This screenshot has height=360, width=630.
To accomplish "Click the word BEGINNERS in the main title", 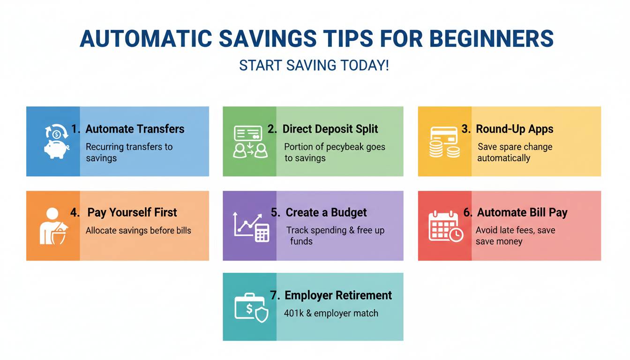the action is (x=492, y=38).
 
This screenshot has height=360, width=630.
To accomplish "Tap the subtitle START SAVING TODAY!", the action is (x=314, y=65).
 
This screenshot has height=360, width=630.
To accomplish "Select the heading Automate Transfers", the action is (x=135, y=129).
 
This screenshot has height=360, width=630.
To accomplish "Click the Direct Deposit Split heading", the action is (x=330, y=129).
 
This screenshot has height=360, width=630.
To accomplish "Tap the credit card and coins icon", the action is (x=444, y=142).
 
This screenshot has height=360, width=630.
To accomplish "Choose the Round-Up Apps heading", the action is (x=514, y=129).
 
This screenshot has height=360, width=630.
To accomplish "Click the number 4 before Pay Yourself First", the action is (x=75, y=212).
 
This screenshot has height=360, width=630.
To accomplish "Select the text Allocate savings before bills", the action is (x=138, y=230).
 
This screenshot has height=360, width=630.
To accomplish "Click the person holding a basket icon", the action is (x=53, y=226).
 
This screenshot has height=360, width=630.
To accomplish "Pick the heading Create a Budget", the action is (x=326, y=212).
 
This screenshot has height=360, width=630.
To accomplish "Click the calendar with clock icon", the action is (x=446, y=226).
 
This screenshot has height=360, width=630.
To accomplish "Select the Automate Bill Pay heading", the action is (x=522, y=213).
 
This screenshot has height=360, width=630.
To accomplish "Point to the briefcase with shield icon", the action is (x=251, y=307).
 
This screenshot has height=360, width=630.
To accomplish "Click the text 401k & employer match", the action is (x=331, y=313).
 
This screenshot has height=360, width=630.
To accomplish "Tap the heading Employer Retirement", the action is (x=338, y=295).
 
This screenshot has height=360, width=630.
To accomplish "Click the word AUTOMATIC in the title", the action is (x=146, y=38).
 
